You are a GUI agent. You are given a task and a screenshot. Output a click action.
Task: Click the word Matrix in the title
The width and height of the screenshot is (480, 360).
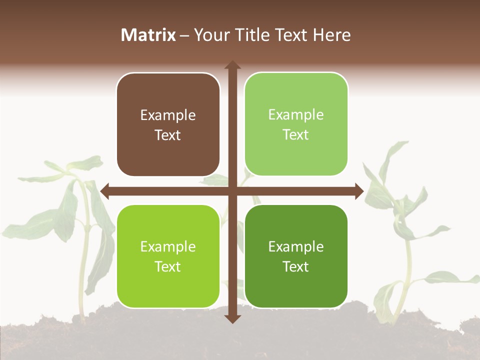[x=148, y=35]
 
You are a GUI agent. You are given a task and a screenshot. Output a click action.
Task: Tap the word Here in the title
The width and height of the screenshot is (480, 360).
[x=331, y=35]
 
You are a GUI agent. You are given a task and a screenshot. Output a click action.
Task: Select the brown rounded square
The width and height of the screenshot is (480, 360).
[x=168, y=125]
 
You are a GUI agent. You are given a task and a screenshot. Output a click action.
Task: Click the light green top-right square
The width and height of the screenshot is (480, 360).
[x=296, y=124]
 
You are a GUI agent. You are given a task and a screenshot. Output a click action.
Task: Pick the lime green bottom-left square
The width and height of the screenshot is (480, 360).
[x=168, y=256]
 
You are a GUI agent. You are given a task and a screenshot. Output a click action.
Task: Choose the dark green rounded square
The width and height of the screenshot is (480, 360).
[x=296, y=256]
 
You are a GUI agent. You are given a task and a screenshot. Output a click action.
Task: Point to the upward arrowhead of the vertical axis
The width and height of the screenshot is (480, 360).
[x=232, y=65]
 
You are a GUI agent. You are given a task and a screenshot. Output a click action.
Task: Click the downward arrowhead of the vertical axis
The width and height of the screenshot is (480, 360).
[x=232, y=318]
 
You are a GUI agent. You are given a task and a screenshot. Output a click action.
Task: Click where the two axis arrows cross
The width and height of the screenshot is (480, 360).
[x=232, y=191]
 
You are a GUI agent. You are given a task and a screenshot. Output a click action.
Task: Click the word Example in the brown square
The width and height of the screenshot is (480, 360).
[x=168, y=115]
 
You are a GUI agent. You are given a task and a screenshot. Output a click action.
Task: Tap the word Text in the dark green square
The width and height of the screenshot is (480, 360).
[x=296, y=266]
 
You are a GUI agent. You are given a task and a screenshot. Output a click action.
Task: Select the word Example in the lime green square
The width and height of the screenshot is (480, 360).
[x=168, y=247]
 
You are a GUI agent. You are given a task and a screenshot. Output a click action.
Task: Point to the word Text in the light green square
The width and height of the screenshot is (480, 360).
[x=296, y=134]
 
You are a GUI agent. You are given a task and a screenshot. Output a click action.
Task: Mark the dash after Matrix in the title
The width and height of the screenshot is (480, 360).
[x=184, y=35]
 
